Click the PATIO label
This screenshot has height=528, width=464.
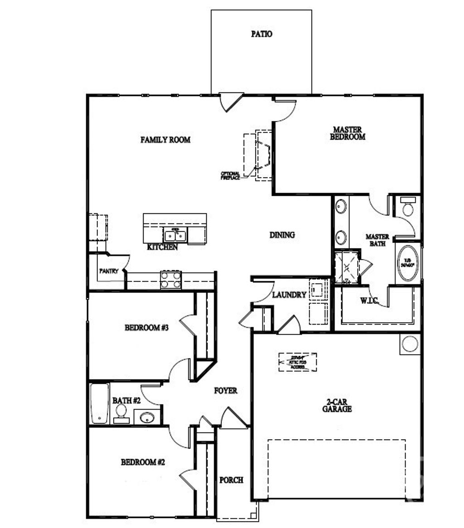pos(261,34)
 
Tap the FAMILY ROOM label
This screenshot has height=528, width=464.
pos(165,140)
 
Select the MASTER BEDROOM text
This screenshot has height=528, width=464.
pos(348,133)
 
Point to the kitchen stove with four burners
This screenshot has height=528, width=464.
pos(171,280)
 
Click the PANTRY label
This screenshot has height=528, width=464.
pos(109,271)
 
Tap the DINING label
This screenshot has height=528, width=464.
pos(282,235)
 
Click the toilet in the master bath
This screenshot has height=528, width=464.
pos(408,208)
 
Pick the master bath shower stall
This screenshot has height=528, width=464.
pos(346,268)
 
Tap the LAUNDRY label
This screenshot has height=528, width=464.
pos(289,295)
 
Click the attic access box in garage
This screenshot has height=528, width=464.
pos(297,362)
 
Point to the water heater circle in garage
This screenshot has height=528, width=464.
pos(410,344)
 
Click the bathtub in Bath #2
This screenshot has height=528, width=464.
pos(99,404)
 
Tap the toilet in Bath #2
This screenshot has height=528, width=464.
pos(121,412)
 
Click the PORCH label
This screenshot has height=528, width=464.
pos(231,480)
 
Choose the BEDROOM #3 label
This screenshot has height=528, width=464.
pos(146,327)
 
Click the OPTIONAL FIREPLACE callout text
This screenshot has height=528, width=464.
pos(230,176)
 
